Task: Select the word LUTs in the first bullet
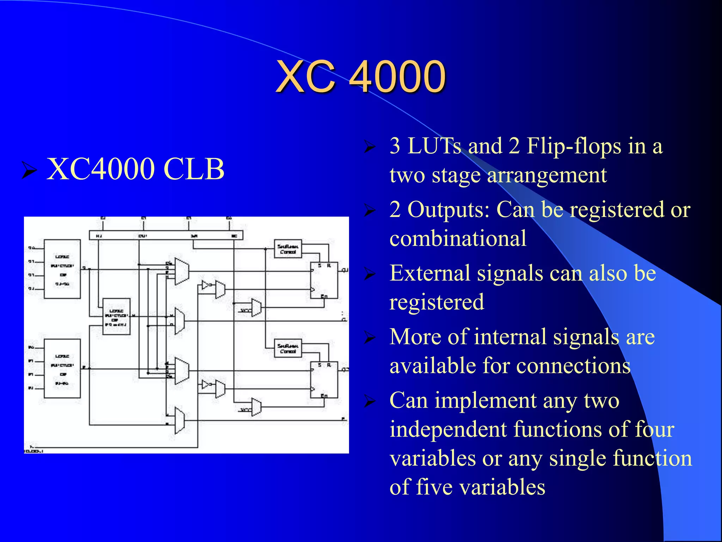434,146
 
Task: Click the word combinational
458,239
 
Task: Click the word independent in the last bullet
448,429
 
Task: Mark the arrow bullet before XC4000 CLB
29,170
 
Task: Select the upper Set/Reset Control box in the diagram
288,249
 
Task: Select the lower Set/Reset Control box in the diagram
288,348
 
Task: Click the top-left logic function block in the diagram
62,269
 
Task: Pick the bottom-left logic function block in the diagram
62,369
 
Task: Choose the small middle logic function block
116,317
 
